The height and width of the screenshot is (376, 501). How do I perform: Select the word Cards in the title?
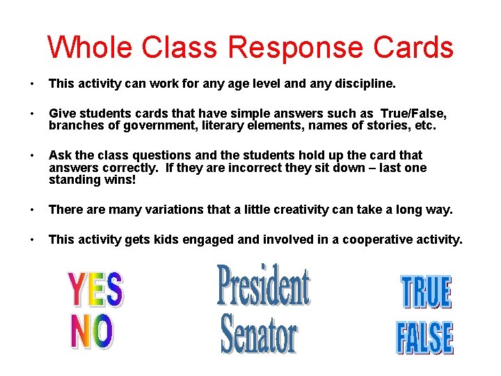coord(413,47)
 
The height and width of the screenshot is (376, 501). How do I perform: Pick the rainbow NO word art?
coord(91,332)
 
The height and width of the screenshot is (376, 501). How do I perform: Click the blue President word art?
coord(263,285)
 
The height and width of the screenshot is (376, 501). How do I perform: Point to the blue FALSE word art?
coord(424,338)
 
